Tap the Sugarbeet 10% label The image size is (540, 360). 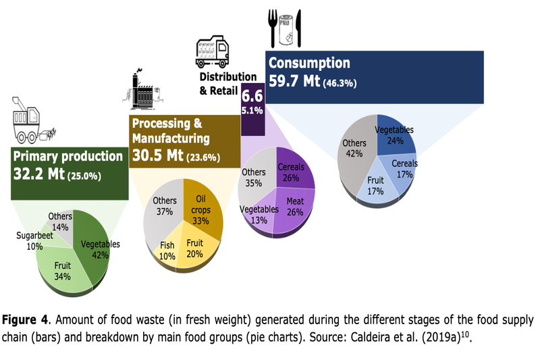coord(28,241)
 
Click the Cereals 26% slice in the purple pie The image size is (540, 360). coord(292,172)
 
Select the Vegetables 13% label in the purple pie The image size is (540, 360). coord(259,214)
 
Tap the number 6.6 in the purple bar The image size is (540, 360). coord(252,95)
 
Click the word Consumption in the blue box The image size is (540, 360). coord(309,63)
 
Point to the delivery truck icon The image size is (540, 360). coord(211,51)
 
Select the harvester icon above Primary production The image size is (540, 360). coord(30,122)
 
